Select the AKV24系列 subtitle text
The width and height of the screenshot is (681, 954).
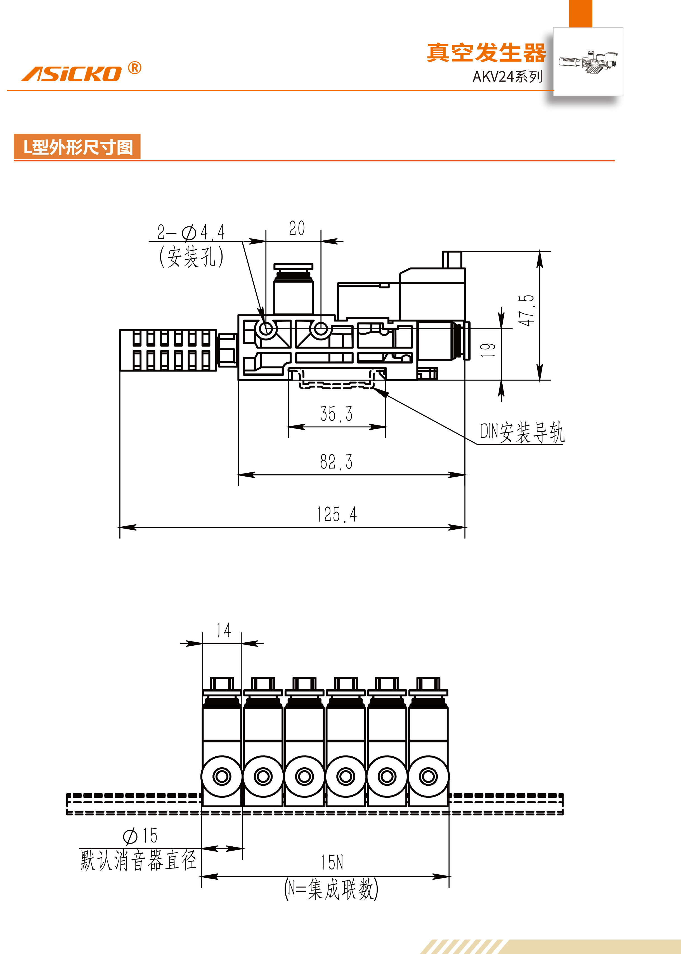pos(507,77)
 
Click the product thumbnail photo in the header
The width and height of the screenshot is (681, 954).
pos(588,61)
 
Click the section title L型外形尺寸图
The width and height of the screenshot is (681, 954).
pos(78,147)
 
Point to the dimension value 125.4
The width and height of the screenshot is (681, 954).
pos(336,515)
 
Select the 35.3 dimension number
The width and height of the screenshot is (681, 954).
pos(336,414)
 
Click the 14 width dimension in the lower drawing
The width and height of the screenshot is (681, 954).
pos(224,630)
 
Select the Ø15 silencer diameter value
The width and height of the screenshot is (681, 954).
pos(140,836)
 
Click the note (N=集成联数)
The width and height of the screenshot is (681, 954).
pos(331,889)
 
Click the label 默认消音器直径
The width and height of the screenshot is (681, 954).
pos(138,860)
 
